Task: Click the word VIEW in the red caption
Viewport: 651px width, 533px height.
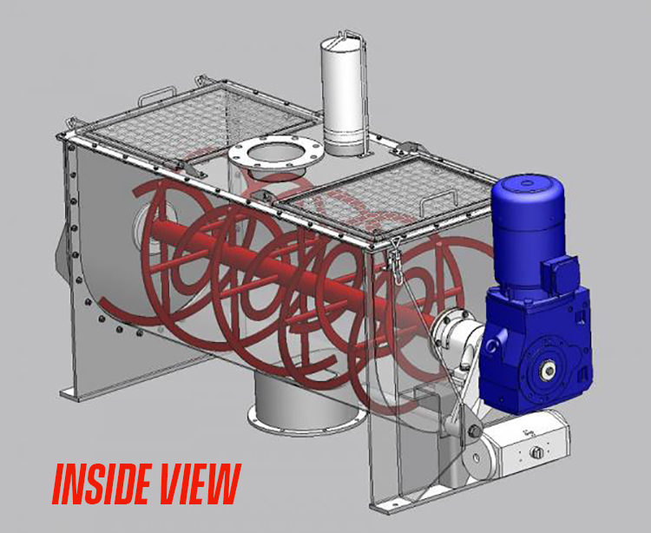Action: pyautogui.click(x=197, y=484)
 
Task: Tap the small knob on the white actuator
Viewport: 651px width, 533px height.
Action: pyautogui.click(x=535, y=452)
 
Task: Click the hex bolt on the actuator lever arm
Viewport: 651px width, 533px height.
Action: pyautogui.click(x=474, y=431)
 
